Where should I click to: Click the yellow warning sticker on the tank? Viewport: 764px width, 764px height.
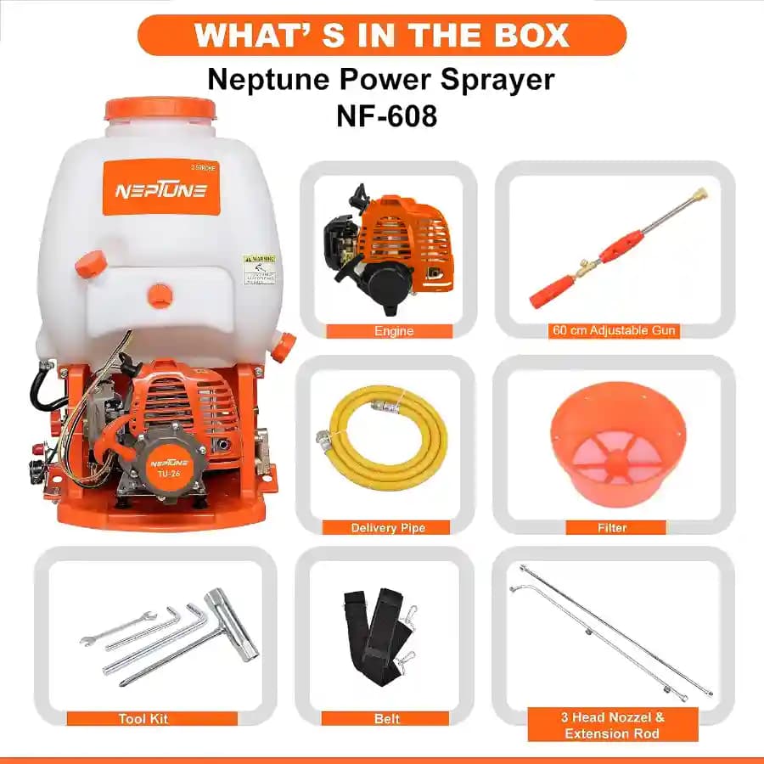(x=260, y=269)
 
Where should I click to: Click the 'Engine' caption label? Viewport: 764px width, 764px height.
(x=394, y=331)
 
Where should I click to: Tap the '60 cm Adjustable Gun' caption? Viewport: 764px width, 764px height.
(x=614, y=331)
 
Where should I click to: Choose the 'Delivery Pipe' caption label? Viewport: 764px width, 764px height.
(x=388, y=528)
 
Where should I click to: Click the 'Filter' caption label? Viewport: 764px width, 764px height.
(x=612, y=528)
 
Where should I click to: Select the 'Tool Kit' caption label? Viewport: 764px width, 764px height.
(x=143, y=719)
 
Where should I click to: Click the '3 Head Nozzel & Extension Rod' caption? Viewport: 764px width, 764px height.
(x=612, y=725)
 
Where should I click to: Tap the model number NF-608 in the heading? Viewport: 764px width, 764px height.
(x=381, y=115)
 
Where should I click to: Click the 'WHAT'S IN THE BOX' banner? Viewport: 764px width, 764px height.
(x=381, y=35)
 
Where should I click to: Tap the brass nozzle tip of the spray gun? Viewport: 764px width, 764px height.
(x=700, y=195)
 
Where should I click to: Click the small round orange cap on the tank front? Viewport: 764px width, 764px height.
(x=160, y=295)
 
